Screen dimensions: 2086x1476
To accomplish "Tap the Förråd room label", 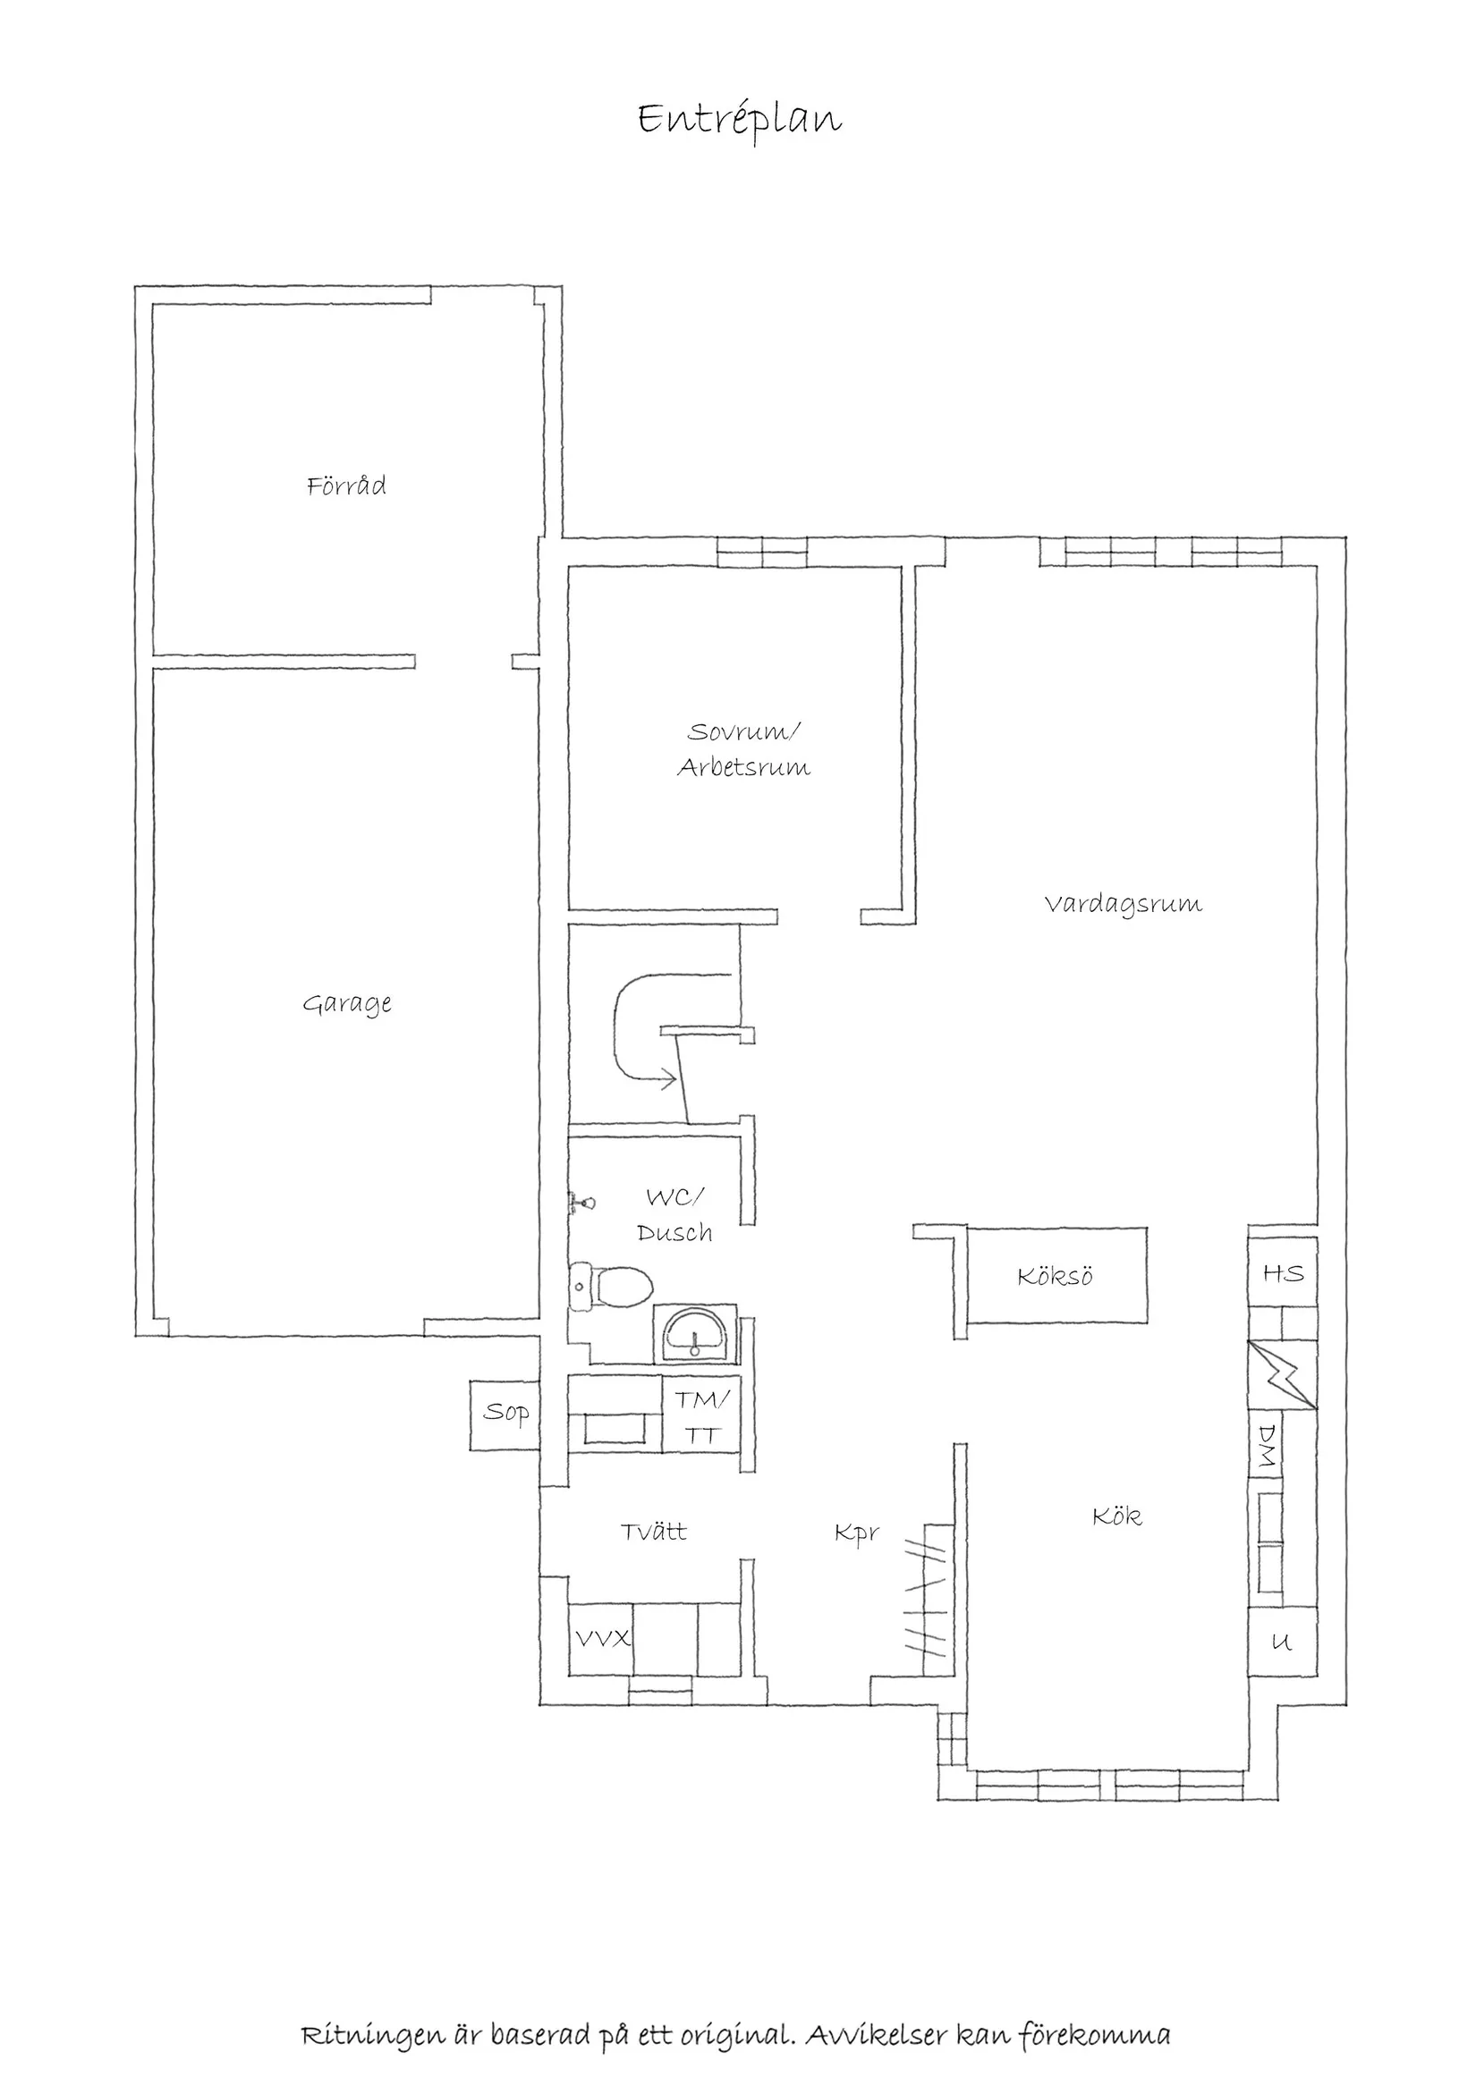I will tap(346, 486).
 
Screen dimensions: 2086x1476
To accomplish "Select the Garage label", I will tap(347, 1004).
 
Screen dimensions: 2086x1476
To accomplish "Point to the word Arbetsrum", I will tap(743, 768).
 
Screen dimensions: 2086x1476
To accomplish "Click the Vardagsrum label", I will tap(1124, 905).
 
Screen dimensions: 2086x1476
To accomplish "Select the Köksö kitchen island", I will tap(1056, 1276).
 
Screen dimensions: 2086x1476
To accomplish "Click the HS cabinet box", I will tap(1283, 1273).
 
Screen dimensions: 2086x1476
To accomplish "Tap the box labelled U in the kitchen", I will tap(1282, 1642).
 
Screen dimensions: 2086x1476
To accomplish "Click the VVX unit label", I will tap(601, 1639).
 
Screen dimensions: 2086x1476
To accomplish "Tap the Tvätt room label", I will tap(654, 1532).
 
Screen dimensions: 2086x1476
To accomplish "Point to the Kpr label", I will tap(857, 1533).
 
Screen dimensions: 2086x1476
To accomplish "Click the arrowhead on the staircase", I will tap(668, 1080).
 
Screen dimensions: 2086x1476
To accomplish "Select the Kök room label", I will tap(1117, 1516).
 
